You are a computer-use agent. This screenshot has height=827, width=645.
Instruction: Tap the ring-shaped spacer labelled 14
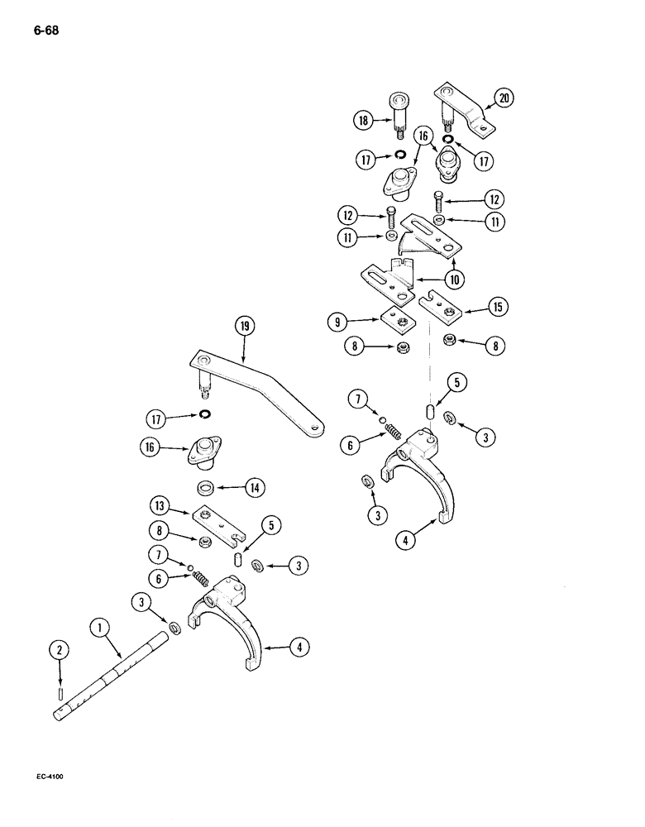point(209,487)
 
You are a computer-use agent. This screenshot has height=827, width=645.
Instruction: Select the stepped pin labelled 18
point(399,116)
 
